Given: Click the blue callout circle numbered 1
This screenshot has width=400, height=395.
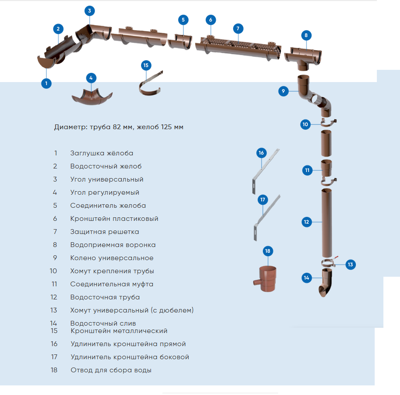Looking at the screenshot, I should pos(46,82).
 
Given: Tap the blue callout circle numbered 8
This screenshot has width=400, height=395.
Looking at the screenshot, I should pos(306,35).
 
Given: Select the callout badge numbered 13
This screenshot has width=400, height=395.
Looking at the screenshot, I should pos(350,264).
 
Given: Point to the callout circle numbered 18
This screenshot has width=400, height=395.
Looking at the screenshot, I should pos(268,251).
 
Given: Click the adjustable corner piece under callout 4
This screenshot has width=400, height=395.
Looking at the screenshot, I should pos(92,96).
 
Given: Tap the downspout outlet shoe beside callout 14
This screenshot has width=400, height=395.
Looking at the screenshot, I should pos(325,284).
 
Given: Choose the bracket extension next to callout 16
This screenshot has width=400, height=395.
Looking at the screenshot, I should pos(264,172).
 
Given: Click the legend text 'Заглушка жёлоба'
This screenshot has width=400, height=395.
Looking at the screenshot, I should pos(102,153).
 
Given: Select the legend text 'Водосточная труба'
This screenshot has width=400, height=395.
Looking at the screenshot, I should pos(105,297).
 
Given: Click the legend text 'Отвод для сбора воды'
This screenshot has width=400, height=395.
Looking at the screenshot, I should pos(111,370).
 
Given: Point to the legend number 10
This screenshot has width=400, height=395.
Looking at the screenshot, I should pos(53,271).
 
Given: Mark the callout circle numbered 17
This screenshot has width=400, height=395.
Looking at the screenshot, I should pos(263,200).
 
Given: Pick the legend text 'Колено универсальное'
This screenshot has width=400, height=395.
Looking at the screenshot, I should pos(112,258).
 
